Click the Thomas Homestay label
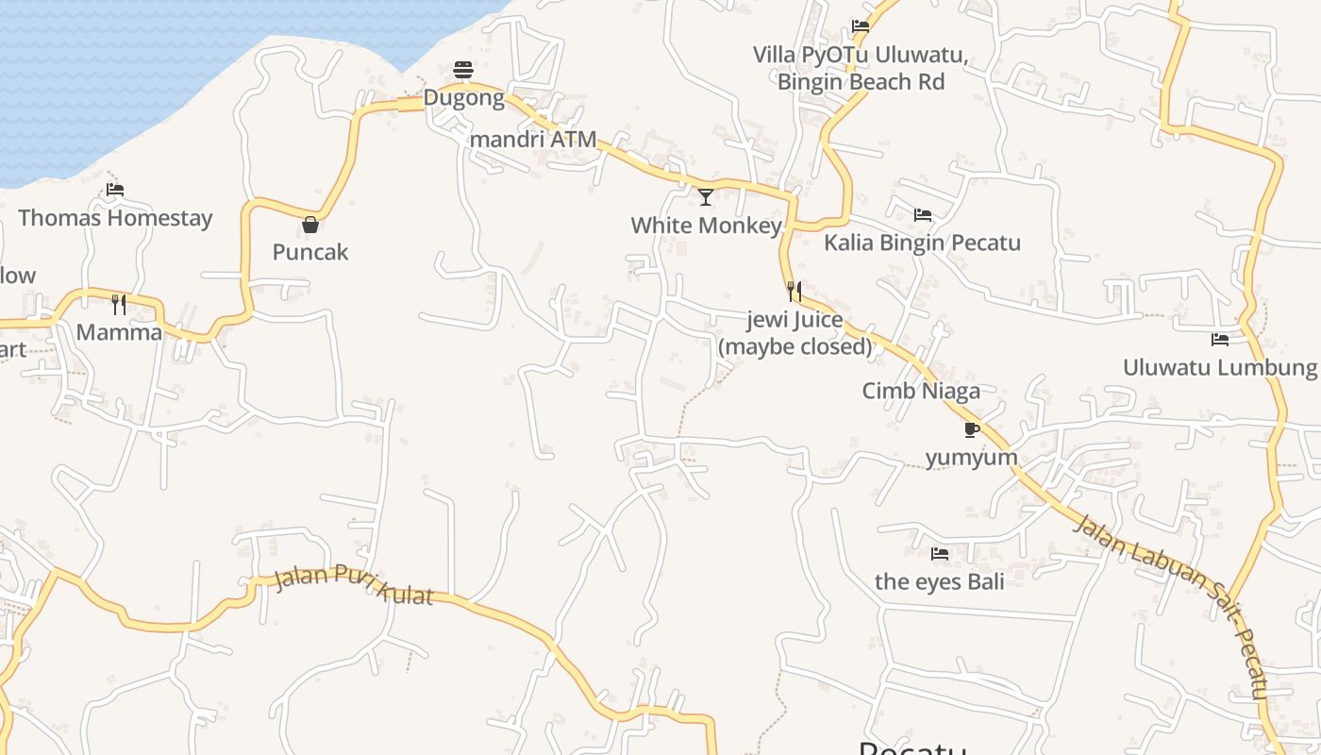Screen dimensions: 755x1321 pos(115,218)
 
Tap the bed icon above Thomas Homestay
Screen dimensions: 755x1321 pos(115,190)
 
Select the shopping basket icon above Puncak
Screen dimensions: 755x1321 pos(310,225)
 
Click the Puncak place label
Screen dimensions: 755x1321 pos(310,252)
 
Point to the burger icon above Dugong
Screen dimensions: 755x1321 pos(462,70)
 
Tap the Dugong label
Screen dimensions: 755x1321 pos(463,97)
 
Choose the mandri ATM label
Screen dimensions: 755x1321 pos(533,140)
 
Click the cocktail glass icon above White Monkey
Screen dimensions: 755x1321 pos(706,197)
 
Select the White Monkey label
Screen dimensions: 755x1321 pos(706,226)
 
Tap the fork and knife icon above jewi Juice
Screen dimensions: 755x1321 pos(794,291)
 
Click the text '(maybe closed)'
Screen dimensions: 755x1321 pos(795,346)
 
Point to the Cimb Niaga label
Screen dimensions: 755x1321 pos(921,391)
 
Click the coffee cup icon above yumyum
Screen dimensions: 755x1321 pos(972,430)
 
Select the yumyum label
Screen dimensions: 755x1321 pos(971,458)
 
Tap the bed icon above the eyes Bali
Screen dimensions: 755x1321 pos(940,554)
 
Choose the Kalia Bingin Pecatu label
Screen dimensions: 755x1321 pos(922,243)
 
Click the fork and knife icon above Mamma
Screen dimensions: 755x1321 pos(119,304)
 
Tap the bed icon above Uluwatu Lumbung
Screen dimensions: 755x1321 pos(1220,339)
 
